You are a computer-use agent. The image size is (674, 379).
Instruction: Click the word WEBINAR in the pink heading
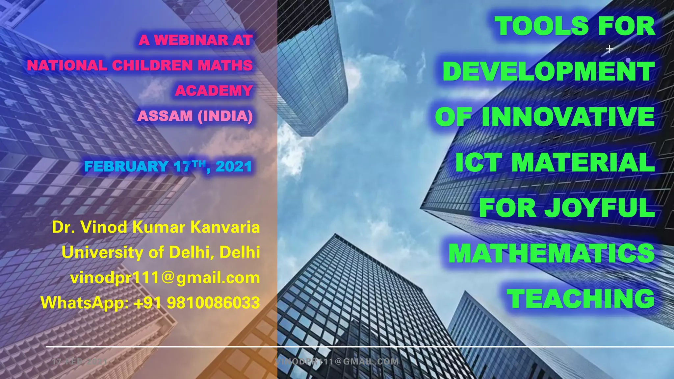(x=192, y=40)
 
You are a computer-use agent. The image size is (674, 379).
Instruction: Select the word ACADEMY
(x=214, y=91)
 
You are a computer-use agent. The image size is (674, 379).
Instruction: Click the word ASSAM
(x=165, y=116)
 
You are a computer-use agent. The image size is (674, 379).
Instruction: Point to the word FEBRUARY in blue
(x=126, y=166)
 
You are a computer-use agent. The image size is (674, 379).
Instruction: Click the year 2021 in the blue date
(x=234, y=166)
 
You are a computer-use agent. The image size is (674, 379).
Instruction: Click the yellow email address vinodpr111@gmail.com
(x=165, y=278)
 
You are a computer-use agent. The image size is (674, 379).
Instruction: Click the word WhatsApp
(x=85, y=303)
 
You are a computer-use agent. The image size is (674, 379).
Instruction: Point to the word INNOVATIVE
(x=568, y=117)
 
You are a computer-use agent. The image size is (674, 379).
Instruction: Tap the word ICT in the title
(x=479, y=163)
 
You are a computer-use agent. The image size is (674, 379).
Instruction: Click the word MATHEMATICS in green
(x=552, y=253)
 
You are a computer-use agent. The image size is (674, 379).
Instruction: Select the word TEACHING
(x=581, y=299)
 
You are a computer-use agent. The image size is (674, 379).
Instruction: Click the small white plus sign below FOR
(x=609, y=49)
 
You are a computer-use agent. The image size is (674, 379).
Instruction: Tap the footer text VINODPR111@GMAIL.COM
(x=337, y=362)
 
